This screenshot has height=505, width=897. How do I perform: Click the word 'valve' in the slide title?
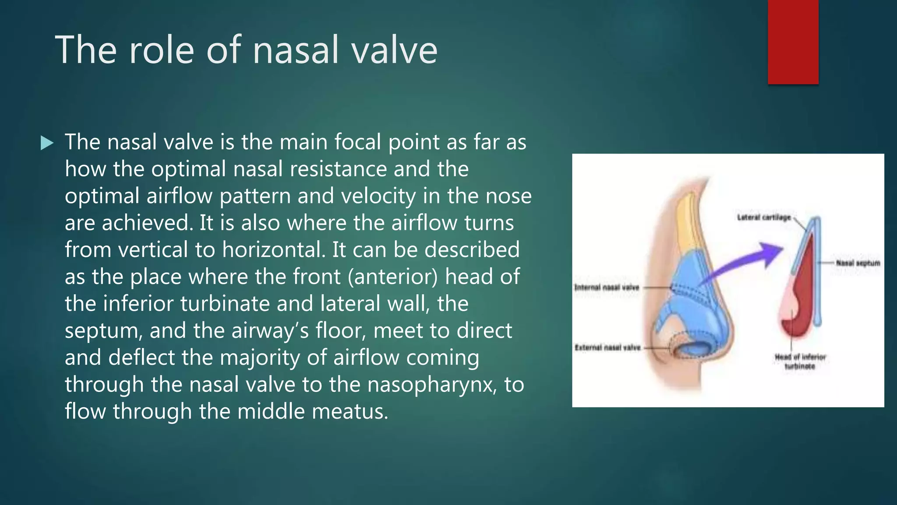coord(394,50)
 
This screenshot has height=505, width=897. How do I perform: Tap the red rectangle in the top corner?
coord(793,42)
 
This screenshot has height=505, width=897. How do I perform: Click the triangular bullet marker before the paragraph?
coord(47,143)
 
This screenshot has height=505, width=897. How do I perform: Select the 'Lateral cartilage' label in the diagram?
coord(764,217)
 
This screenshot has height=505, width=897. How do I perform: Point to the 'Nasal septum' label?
coord(858,263)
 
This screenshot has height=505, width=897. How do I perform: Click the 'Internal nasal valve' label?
coord(607,288)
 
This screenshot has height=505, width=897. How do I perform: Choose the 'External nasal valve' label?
coord(607,348)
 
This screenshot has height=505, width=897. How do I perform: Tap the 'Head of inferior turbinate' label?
coord(800,362)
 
